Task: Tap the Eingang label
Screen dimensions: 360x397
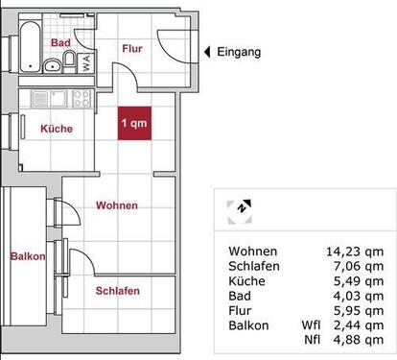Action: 239,53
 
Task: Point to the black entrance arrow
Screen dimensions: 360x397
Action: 205,53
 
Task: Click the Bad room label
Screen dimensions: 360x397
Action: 61,43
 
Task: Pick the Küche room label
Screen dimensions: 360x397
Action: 56,129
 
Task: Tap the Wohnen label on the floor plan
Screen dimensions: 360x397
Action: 118,205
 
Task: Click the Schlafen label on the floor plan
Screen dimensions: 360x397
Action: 118,291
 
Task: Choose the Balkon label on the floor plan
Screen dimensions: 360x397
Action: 28,256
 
